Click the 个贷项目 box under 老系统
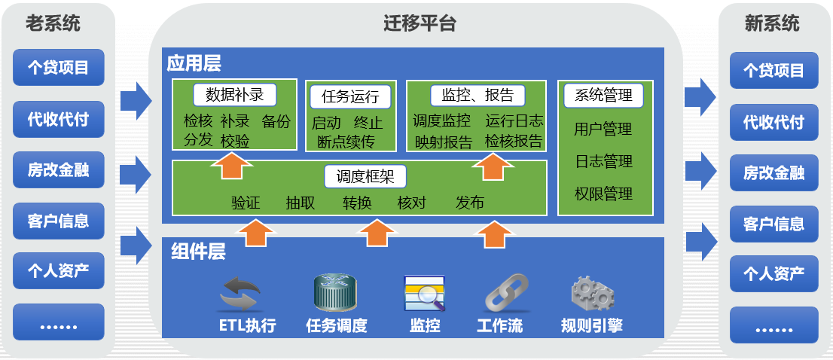(x=58, y=68)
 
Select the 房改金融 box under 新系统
(x=773, y=173)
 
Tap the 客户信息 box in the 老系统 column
(x=58, y=221)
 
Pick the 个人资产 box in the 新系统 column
(x=773, y=274)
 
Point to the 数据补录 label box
(x=235, y=95)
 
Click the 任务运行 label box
(x=349, y=96)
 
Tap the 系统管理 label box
(x=603, y=96)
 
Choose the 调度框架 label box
(x=365, y=177)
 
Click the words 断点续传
(x=346, y=142)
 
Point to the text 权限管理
(x=603, y=194)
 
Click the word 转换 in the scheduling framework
(x=357, y=203)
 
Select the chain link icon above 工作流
(x=500, y=294)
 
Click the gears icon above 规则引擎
(x=592, y=294)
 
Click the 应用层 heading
(x=194, y=63)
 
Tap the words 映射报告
(x=444, y=141)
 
